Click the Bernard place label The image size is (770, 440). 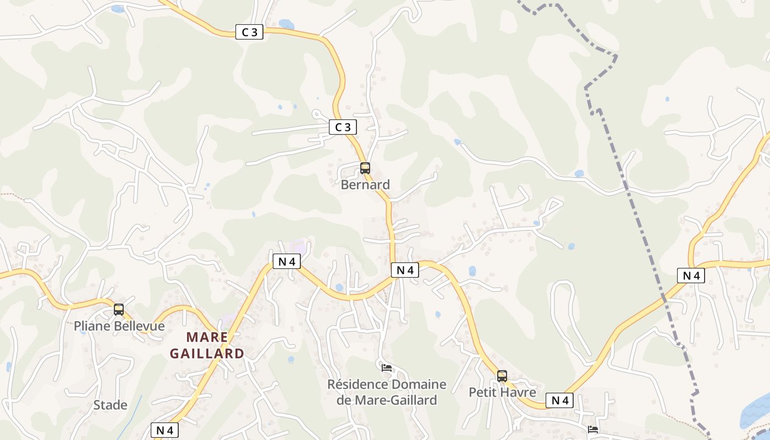coord(365,185)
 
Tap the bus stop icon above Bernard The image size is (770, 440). coord(365,168)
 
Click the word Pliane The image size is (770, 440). coord(92,326)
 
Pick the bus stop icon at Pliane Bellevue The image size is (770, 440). coord(119,310)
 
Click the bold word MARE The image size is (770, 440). coord(207,337)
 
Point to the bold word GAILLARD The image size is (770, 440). coord(207,354)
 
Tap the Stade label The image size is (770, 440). coord(110,405)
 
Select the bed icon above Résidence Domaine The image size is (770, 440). coord(387,367)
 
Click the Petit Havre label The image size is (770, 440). coord(502,392)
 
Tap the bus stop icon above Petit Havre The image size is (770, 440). coord(502,376)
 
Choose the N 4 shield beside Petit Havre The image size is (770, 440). coord(559,400)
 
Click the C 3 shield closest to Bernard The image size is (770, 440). coord(343,128)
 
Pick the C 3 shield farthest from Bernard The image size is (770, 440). coord(249,32)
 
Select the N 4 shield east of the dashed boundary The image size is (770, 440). coord(691,276)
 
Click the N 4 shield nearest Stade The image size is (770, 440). coord(164,430)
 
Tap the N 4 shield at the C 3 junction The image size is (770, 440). coord(405,269)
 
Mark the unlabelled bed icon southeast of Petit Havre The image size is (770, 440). coord(593,429)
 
